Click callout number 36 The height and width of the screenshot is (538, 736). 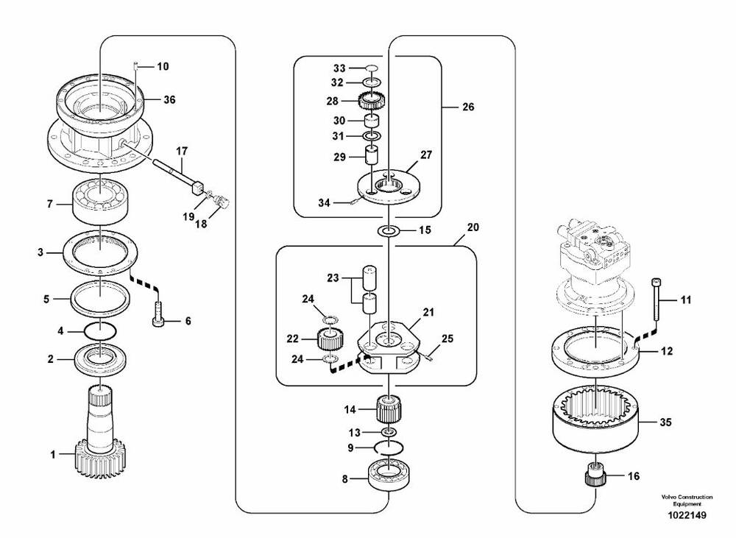[x=170, y=100]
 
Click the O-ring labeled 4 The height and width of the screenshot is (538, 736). [x=98, y=331]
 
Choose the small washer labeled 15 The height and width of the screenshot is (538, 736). [x=388, y=232]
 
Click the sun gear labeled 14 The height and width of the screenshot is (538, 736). [x=388, y=407]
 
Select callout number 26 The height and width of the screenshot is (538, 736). [x=468, y=107]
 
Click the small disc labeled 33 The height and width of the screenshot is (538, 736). [x=372, y=68]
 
